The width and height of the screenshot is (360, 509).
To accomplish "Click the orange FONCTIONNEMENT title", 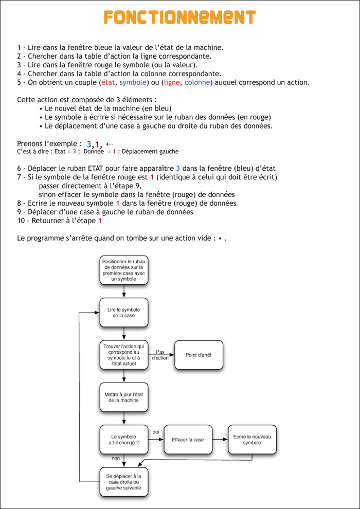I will pyautogui.click(x=179, y=17).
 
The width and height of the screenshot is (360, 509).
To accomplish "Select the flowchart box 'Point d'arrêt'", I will pyautogui.click(x=200, y=355).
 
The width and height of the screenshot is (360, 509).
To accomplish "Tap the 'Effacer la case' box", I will pyautogui.click(x=188, y=440).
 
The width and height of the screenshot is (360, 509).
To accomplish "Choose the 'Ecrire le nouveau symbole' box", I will pyautogui.click(x=252, y=440).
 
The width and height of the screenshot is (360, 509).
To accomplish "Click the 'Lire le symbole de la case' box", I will pyautogui.click(x=124, y=312).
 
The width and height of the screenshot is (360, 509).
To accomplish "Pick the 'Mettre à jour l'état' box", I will pyautogui.click(x=124, y=397).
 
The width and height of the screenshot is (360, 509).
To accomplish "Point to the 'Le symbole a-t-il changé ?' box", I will pyautogui.click(x=124, y=440).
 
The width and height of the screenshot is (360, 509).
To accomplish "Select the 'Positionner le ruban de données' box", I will pyautogui.click(x=124, y=270).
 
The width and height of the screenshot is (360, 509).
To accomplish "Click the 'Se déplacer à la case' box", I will pyautogui.click(x=124, y=482).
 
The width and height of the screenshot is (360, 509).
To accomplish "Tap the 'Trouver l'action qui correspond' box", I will pyautogui.click(x=124, y=355).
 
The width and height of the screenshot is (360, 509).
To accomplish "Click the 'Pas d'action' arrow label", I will pyautogui.click(x=160, y=355).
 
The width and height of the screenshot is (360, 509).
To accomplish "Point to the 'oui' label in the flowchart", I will pyautogui.click(x=156, y=432).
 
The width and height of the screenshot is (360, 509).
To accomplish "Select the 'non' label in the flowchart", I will pyautogui.click(x=116, y=458).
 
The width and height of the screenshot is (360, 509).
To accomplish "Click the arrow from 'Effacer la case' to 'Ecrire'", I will pyautogui.click(x=220, y=440).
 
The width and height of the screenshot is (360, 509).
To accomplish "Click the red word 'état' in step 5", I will pyautogui.click(x=107, y=82).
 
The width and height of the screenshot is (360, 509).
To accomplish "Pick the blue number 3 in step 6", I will pyautogui.click(x=178, y=168).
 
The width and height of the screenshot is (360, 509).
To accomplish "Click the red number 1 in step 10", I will pyautogui.click(x=100, y=221).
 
